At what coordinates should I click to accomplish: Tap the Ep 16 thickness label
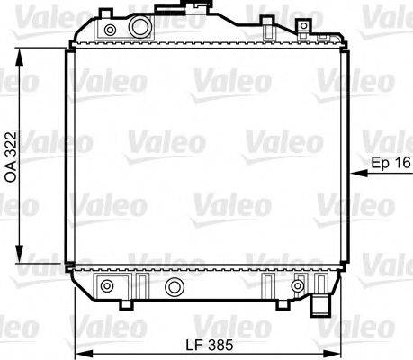pyautogui.click(x=390, y=163)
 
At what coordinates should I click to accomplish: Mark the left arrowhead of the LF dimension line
pyautogui.click(x=78, y=353)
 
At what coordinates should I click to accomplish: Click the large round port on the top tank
pyautogui.click(x=139, y=29)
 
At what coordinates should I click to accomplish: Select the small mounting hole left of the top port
pyautogui.click(x=111, y=31)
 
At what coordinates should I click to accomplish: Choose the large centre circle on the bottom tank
pyautogui.click(x=175, y=288)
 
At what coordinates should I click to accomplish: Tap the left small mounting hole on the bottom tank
pyautogui.click(x=108, y=287)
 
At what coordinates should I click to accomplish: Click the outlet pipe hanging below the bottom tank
pyautogui.click(x=319, y=307)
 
